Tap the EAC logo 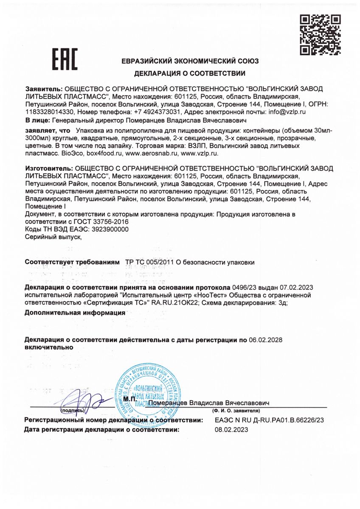pos(65,60)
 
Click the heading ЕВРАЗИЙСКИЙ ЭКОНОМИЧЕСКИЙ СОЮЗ pos(190,61)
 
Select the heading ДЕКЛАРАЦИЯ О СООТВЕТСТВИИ pos(190,74)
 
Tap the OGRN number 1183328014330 pos(50,112)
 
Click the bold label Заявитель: pos(44,89)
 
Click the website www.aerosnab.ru pos(150,153)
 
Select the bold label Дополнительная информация pos(75,313)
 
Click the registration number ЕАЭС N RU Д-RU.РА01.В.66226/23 pos(270,420)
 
